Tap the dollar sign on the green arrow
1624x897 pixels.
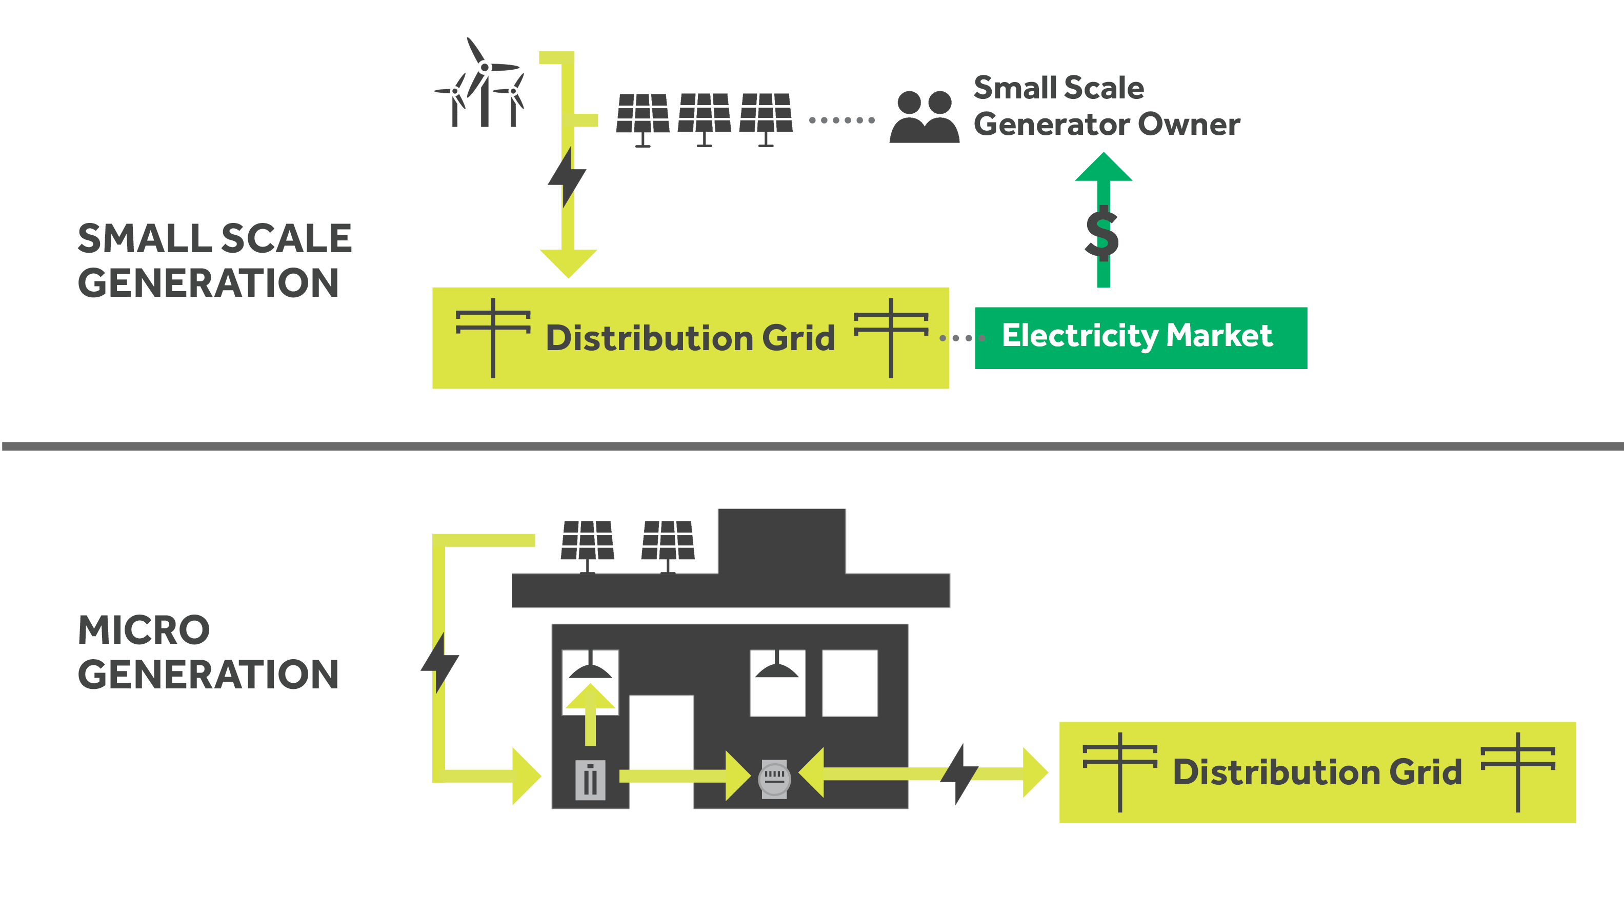[1102, 234]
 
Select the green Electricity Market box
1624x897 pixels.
[1140, 338]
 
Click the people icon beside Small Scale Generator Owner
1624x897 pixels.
[924, 117]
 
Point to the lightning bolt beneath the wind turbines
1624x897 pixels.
[567, 177]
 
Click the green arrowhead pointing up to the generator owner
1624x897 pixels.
[1103, 167]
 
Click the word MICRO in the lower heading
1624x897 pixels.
[144, 630]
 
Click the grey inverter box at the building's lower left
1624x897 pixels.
[590, 780]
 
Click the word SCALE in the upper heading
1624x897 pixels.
[286, 239]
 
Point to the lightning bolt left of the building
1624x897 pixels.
[440, 662]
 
